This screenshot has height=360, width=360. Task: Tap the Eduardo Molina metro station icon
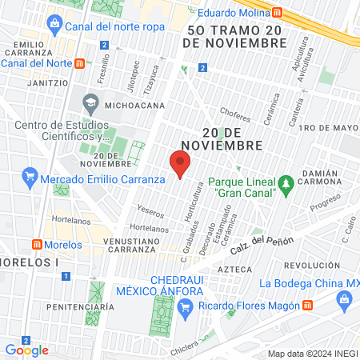click(277, 12)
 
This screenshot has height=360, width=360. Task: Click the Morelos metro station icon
click(36, 244)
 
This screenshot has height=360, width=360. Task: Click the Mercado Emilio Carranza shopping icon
click(30, 178)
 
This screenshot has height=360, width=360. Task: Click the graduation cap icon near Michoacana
click(90, 103)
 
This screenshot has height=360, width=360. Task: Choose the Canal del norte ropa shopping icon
click(54, 24)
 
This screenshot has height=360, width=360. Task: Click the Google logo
click(26, 350)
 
